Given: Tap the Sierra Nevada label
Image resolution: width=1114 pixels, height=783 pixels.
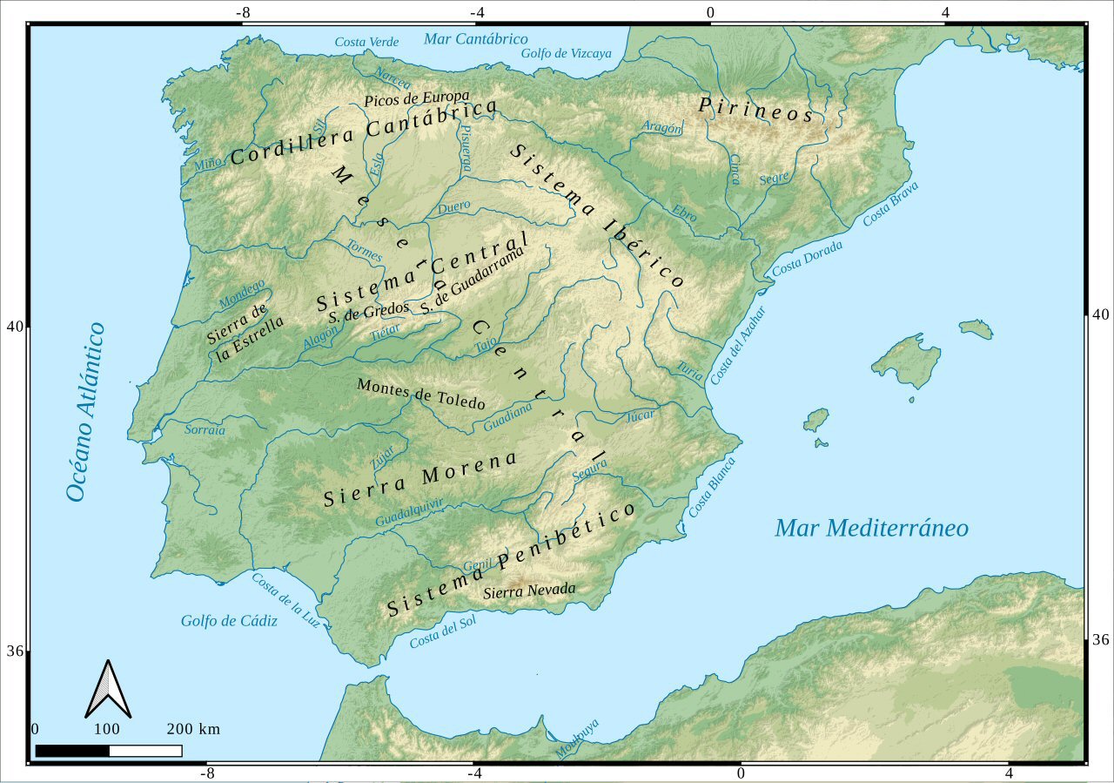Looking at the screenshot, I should pos(529,591).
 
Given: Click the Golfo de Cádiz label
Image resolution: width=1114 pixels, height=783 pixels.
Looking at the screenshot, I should pos(229,621).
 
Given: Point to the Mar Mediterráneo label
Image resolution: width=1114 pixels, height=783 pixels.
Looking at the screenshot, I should pos(871,528).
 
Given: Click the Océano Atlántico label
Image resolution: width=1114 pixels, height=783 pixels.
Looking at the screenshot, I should pos(84,412).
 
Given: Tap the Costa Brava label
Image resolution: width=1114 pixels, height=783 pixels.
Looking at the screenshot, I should pos(890,204).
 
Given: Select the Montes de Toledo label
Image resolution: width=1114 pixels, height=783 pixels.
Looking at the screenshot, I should pos(421,394).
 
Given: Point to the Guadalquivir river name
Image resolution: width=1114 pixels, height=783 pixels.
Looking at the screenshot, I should pos(410,512).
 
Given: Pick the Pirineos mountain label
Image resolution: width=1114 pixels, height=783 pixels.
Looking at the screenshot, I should pos(755,110).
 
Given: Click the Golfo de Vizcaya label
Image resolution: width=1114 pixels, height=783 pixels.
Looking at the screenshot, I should pos(566,53).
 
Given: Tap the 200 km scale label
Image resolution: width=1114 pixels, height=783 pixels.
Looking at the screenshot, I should pos(193,729).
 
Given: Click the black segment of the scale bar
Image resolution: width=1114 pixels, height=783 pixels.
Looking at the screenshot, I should pos(72,751).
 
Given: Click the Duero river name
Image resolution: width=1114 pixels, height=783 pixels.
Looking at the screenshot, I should pos(454,207).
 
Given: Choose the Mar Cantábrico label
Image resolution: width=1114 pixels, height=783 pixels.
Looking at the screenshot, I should pos(475,38).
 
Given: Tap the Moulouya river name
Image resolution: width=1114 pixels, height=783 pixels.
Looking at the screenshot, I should pos(577,739).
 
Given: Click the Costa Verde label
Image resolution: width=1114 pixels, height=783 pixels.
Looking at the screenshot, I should pos(366,42).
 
